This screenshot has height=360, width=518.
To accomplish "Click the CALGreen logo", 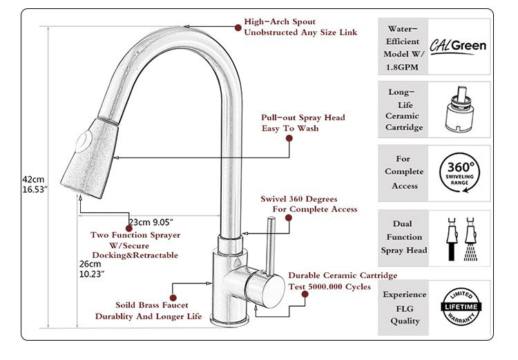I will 459,46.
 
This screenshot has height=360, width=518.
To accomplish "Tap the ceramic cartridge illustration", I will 459,109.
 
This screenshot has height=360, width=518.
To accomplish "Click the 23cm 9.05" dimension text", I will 150,222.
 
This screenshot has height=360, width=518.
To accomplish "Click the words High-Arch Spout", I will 276,22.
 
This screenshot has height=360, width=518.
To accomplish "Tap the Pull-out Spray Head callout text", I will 303,117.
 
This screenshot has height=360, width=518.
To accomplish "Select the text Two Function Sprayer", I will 135,235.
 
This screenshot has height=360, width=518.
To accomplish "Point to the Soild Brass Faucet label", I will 152,305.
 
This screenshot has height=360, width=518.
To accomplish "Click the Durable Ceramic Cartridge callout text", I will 343,275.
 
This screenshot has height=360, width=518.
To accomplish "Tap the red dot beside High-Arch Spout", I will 237,28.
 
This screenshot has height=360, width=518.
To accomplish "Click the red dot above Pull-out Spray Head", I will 289,138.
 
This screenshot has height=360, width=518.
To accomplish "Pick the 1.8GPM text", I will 403,68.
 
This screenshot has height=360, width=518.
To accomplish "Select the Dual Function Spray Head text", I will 404,237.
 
